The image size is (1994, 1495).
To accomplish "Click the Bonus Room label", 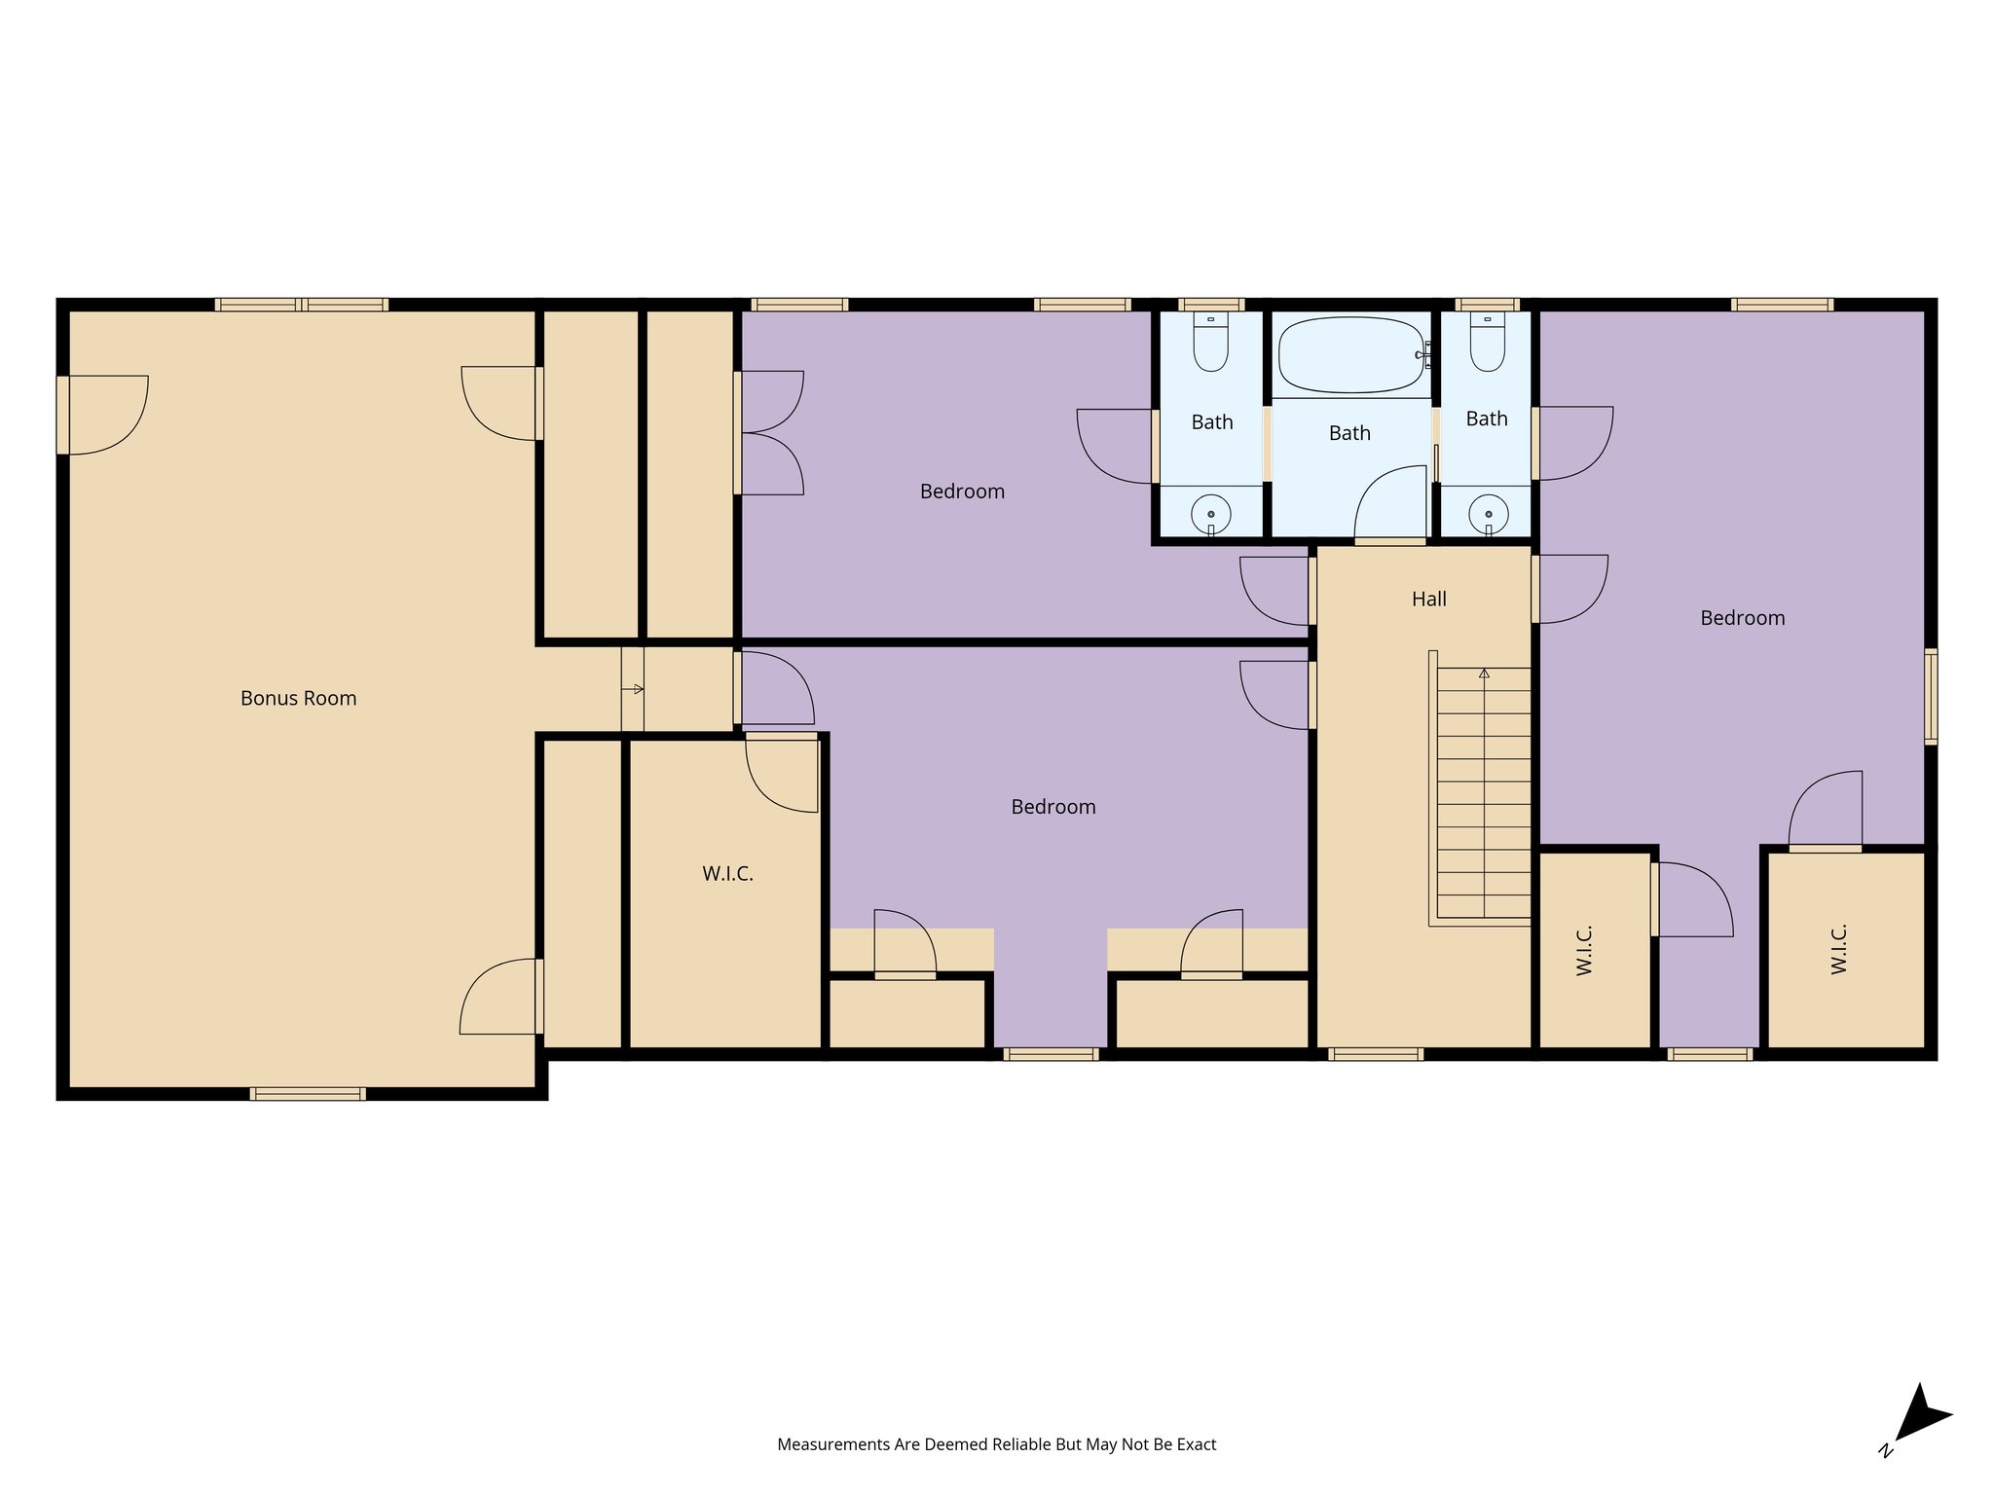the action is coord(298,698).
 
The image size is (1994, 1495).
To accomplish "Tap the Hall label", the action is coord(1428,599).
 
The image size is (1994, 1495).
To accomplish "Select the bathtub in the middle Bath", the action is coord(1350,354).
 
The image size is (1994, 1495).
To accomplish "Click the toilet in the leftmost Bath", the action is coord(1211,342).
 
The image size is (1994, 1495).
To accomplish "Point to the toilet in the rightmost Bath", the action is coord(1488,342).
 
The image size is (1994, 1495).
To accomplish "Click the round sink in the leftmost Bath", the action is coord(1211,514).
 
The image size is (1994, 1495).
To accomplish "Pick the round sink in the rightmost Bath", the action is coord(1488,514).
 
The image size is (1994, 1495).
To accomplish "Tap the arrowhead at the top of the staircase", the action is coord(1484,673).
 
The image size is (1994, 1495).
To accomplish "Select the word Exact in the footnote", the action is coord(1197,1444).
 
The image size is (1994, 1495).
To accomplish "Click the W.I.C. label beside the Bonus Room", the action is coord(727,873).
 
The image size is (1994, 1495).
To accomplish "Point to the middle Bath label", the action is coord(1349,433).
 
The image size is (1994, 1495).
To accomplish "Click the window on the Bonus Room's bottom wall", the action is coord(308,1093).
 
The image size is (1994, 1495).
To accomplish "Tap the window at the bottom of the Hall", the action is coord(1376,1053).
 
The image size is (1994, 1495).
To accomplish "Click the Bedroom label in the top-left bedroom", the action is coord(962,492).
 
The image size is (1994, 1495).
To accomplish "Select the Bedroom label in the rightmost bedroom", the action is coord(1743,618).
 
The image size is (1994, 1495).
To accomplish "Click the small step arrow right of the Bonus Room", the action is coord(633,689).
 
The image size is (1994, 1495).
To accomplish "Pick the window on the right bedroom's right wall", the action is coord(1931,696).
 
